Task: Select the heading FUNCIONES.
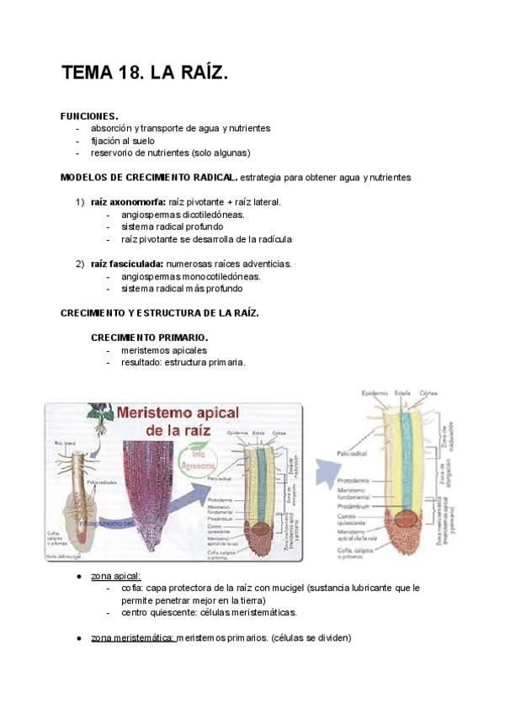tap(89, 115)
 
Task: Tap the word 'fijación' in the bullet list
tap(107, 141)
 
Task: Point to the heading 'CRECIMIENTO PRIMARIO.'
tap(150, 338)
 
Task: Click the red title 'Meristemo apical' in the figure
tap(178, 414)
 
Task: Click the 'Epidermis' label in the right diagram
tap(375, 392)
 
